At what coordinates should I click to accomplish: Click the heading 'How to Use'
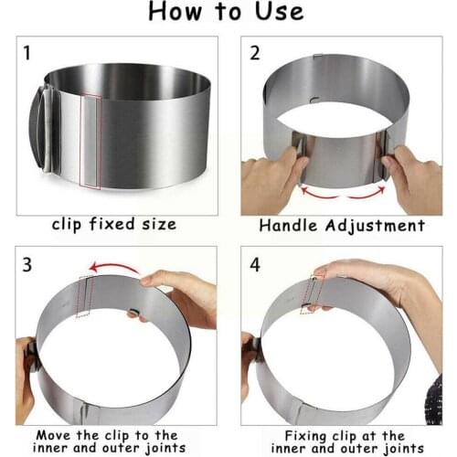click(x=228, y=13)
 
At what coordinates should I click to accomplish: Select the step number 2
click(x=255, y=53)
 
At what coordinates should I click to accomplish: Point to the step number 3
click(x=27, y=265)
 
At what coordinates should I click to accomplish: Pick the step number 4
click(x=255, y=265)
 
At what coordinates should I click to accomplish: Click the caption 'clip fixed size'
click(x=114, y=225)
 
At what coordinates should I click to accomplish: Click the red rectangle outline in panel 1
click(x=90, y=141)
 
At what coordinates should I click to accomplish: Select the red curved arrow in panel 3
click(x=114, y=268)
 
